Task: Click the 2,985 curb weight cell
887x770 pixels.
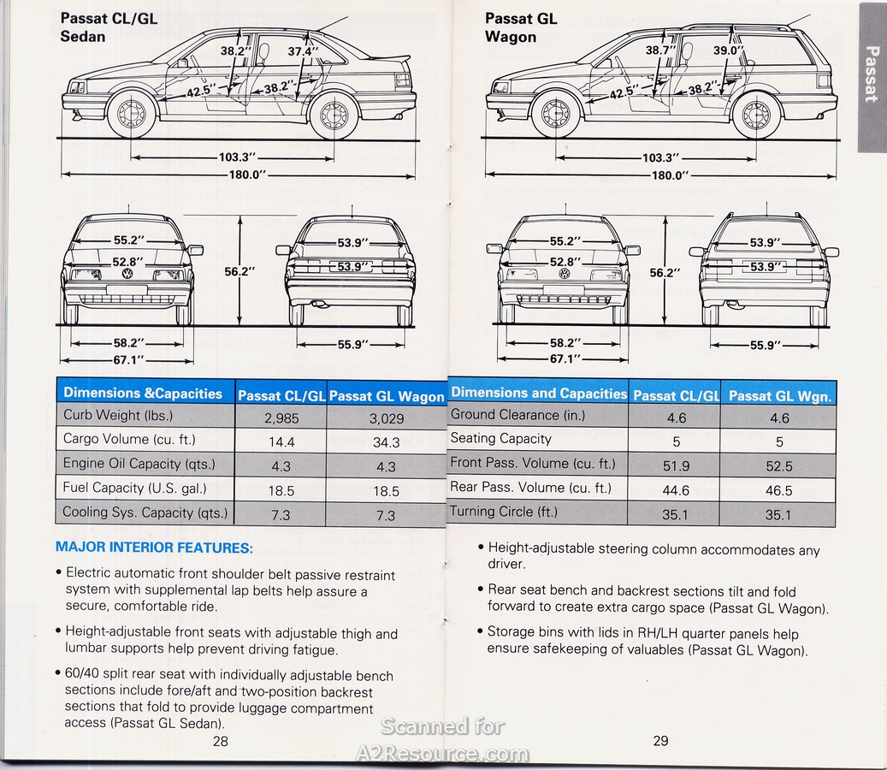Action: pos(281,418)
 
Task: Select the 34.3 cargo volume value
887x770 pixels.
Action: pos(387,442)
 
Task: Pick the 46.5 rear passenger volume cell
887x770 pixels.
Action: pos(778,490)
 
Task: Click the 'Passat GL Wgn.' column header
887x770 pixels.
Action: pos(780,396)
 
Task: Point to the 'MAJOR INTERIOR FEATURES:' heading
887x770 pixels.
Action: pos(154,547)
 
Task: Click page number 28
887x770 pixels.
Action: pos(220,741)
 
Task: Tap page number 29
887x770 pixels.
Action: pos(660,741)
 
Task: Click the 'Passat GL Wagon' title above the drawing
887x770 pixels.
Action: pos(520,27)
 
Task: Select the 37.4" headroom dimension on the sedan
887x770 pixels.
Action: pos(303,51)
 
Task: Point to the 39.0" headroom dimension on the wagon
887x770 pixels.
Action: pos(729,50)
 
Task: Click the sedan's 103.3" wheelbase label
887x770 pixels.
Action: pos(238,157)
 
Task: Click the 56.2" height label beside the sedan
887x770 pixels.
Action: pos(239,271)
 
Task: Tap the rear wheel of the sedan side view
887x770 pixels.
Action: pos(333,115)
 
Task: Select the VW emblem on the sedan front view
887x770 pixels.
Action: pos(127,274)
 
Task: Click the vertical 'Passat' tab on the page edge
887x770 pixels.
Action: pos(871,75)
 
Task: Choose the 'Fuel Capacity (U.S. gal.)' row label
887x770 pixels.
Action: pos(134,488)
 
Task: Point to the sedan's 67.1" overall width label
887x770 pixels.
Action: pos(128,360)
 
